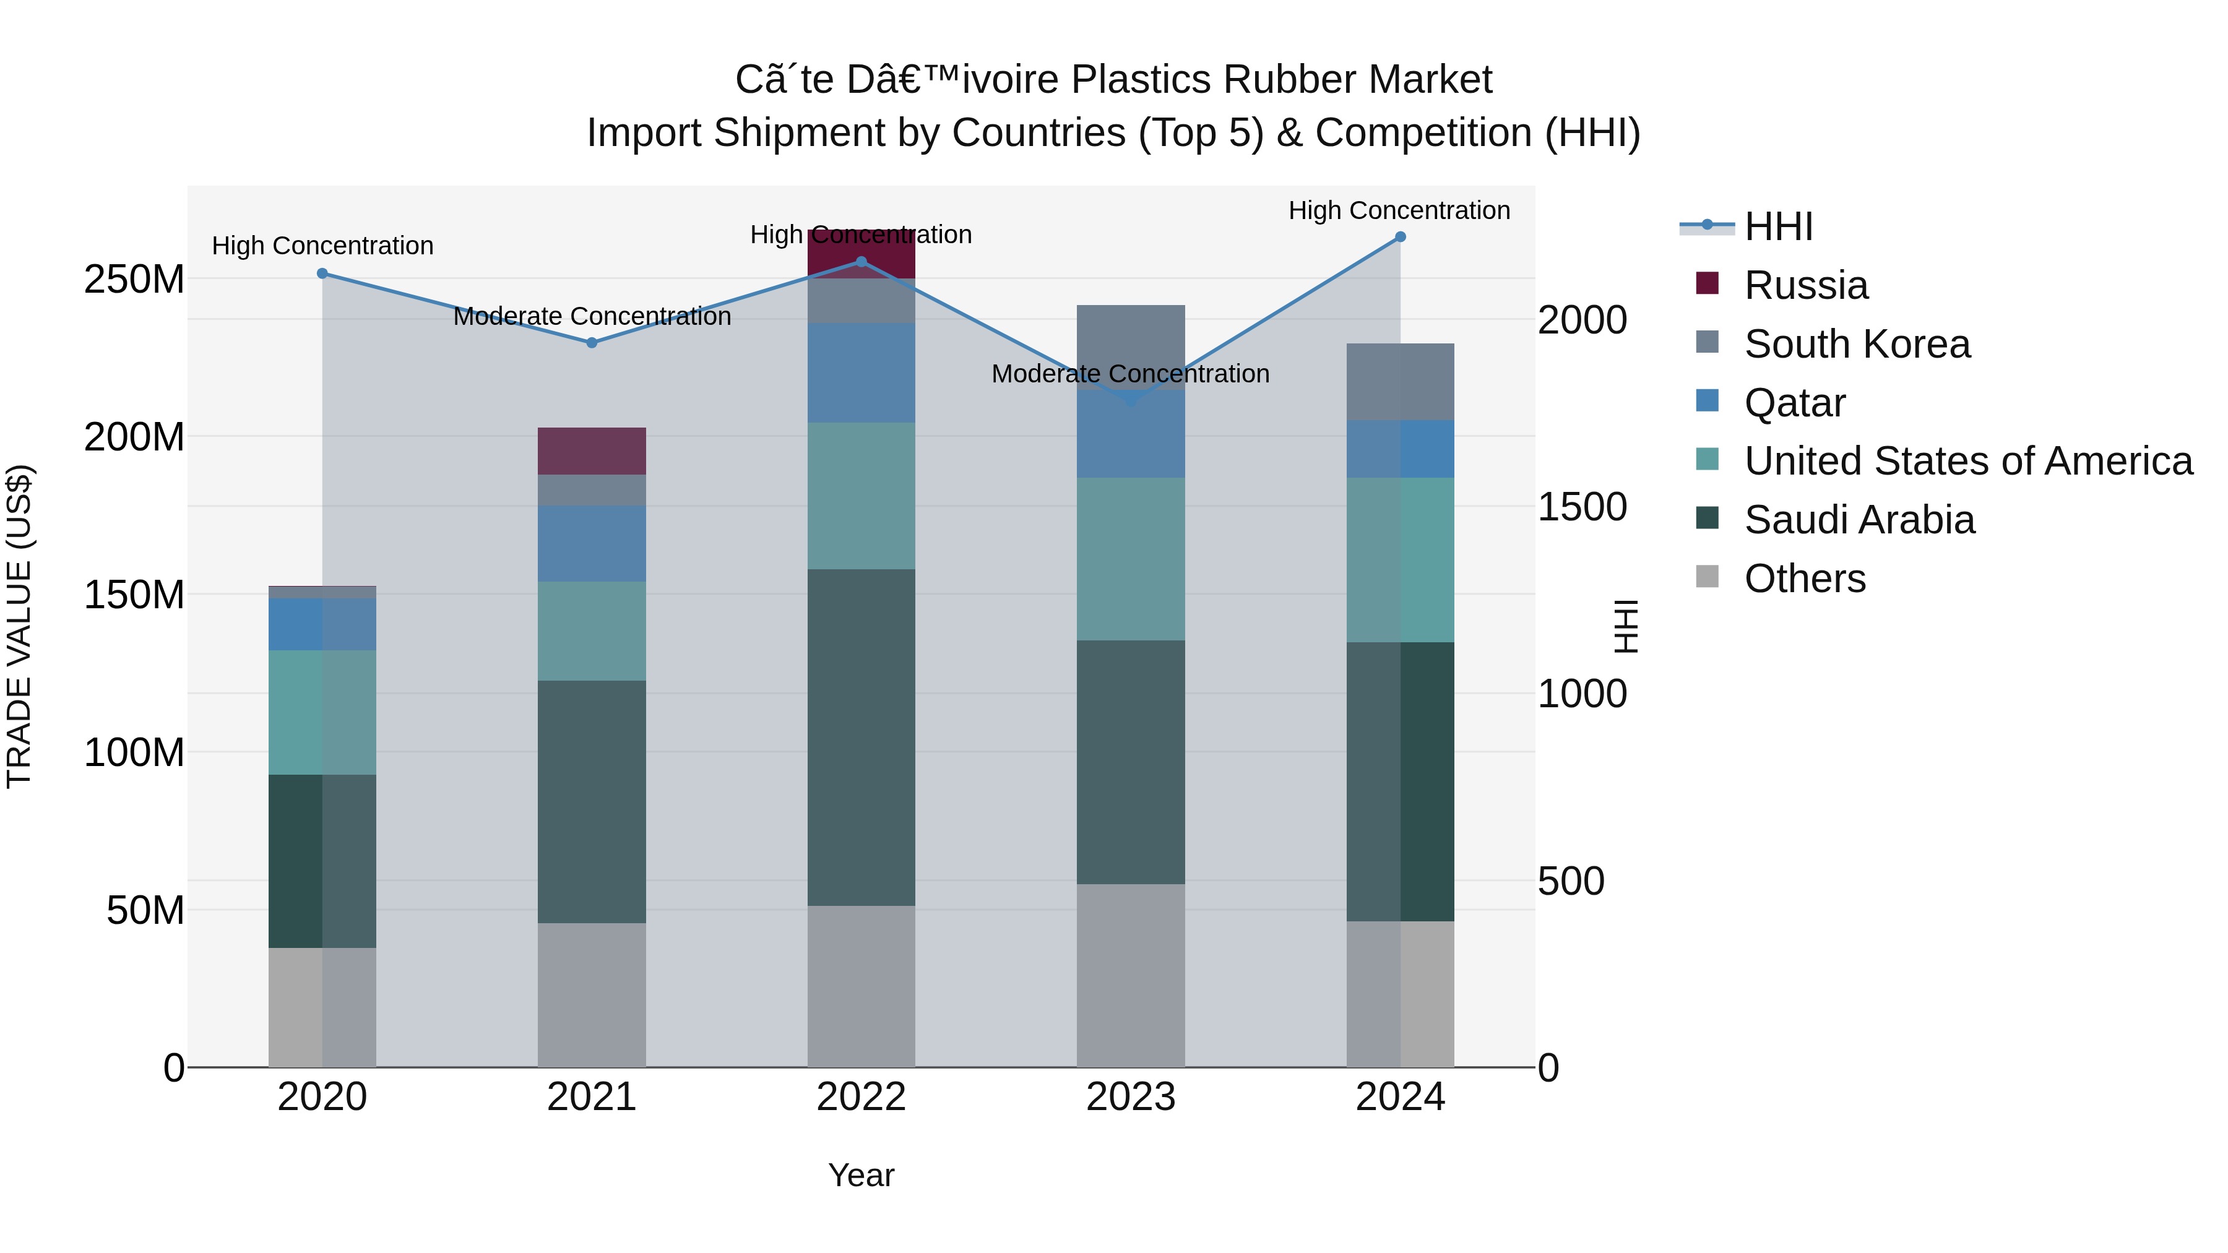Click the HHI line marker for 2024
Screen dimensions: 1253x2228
pyautogui.click(x=1401, y=237)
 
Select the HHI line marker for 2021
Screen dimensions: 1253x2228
pyautogui.click(x=592, y=342)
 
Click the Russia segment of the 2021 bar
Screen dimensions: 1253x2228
pyautogui.click(x=592, y=450)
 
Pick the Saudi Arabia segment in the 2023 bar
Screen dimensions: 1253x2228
pyautogui.click(x=1131, y=762)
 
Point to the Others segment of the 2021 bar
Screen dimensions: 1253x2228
pyautogui.click(x=592, y=994)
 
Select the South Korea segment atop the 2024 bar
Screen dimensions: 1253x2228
pyautogui.click(x=1401, y=381)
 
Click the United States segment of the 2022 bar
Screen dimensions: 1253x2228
pyautogui.click(x=861, y=496)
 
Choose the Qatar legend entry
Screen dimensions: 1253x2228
pyautogui.click(x=1795, y=403)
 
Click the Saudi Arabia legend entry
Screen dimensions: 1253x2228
pyautogui.click(x=1860, y=520)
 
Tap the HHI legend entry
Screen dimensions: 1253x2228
pyautogui.click(x=1777, y=226)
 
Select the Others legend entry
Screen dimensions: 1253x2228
pyautogui.click(x=1805, y=579)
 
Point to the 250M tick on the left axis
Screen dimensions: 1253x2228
pyautogui.click(x=134, y=279)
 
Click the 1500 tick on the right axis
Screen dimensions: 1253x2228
pyautogui.click(x=1582, y=507)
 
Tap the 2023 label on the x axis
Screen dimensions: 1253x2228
pyautogui.click(x=1131, y=1097)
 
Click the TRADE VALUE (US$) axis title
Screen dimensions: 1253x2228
pyautogui.click(x=19, y=626)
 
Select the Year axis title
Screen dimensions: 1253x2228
pyautogui.click(x=861, y=1175)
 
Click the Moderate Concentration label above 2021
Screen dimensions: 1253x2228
pyautogui.click(x=592, y=316)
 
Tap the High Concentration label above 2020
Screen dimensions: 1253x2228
pyautogui.click(x=322, y=246)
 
